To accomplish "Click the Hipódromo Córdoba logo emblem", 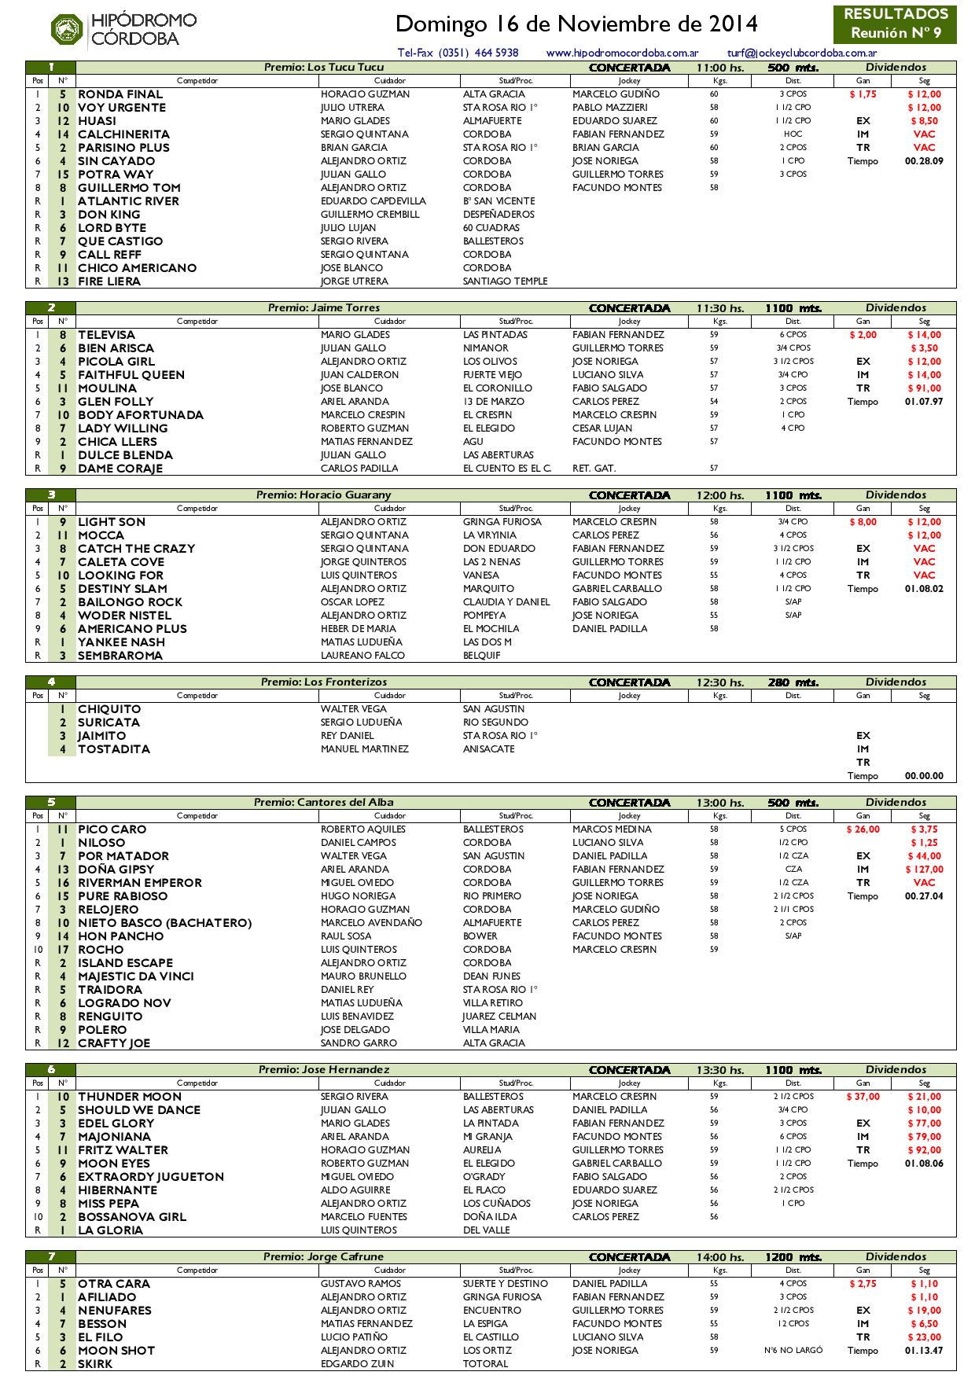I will pos(67,30).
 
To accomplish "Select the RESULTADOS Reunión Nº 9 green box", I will pos(895,24).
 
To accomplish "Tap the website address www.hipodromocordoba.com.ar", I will pos(622,53).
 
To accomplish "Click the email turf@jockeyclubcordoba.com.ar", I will pos(802,53).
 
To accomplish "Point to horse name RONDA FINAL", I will pos(120,94).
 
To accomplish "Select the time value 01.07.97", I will pos(924,402).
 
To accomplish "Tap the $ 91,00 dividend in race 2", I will pos(925,388).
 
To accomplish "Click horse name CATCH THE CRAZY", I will pos(136,549).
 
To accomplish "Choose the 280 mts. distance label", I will pos(793,682).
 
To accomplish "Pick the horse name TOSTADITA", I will pos(114,749).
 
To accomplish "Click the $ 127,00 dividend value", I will pos(924,870).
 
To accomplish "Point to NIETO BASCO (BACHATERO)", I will pos(164,923).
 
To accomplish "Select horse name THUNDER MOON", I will pos(130,1097).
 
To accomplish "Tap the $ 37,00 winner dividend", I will pos(863,1097).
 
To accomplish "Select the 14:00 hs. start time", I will pos(719,1257).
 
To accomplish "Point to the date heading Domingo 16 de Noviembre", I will pos(576,24).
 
